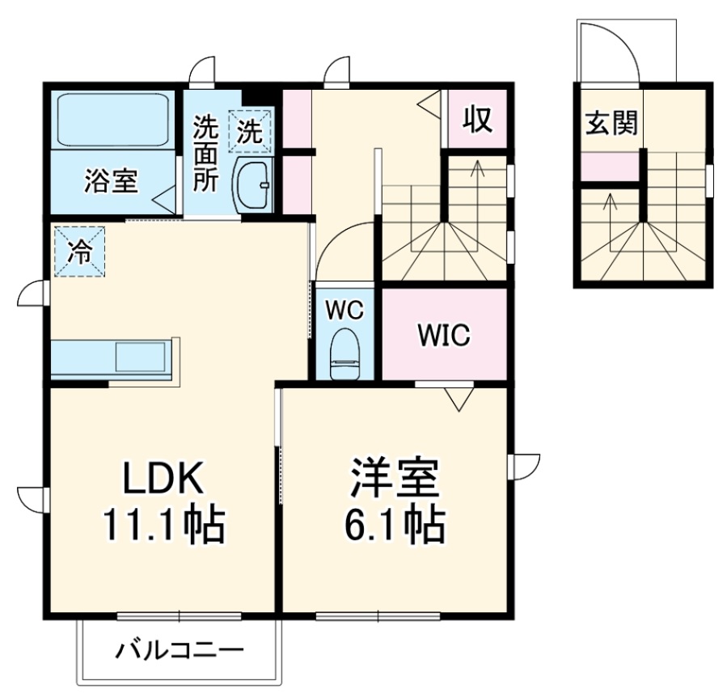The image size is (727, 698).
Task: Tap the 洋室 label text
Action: [395, 480]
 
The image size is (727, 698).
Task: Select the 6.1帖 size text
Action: [395, 527]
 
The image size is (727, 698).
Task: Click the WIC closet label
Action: [443, 335]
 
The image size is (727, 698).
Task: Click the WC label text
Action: [345, 309]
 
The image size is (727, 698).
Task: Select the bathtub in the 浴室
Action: [112, 120]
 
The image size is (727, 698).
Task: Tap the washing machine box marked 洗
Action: [251, 131]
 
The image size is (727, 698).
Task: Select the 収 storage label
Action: [477, 121]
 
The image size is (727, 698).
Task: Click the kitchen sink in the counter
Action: [141, 356]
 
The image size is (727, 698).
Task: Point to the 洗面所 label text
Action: [205, 154]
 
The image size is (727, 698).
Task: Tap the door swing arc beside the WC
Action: [340, 247]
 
